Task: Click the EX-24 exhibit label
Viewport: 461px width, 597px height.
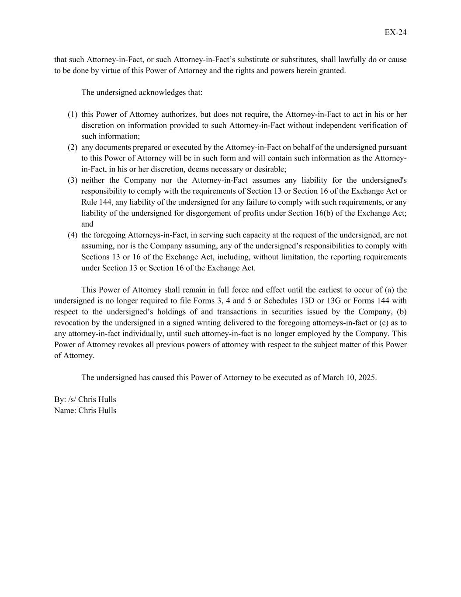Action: (x=395, y=32)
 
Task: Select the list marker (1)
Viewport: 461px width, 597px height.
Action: (x=73, y=115)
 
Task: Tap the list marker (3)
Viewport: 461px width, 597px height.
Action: (x=73, y=180)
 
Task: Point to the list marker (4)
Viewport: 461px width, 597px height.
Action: (x=73, y=235)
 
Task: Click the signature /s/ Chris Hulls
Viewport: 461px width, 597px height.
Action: (x=92, y=399)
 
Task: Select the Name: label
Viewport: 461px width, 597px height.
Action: (x=65, y=410)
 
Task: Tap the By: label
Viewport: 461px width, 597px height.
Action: (x=60, y=399)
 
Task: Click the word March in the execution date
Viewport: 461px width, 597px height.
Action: (x=332, y=377)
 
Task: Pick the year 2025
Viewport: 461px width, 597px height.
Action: (x=367, y=377)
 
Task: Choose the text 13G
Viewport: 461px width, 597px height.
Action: (x=334, y=301)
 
